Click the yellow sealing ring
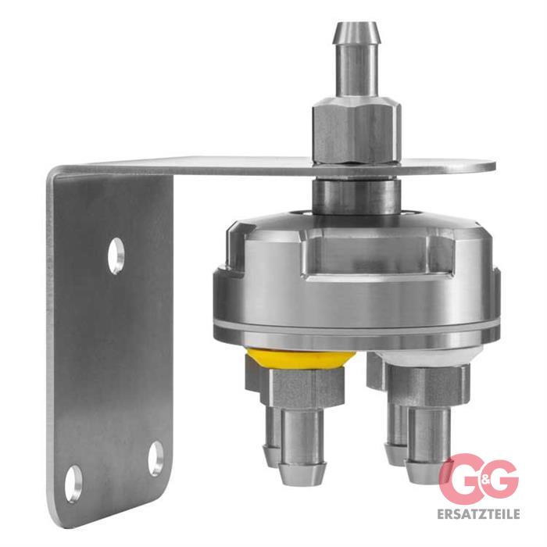[x=301, y=359]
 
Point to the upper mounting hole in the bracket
[x=116, y=256]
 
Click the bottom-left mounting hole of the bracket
[x=73, y=484]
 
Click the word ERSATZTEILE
[x=478, y=514]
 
